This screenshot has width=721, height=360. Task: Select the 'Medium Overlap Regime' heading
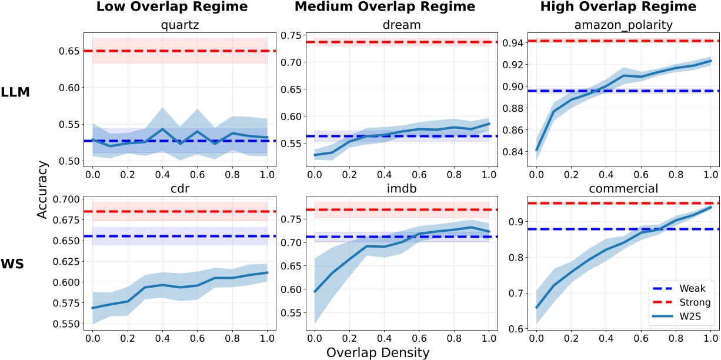(393, 8)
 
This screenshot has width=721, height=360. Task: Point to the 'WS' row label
(13, 264)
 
